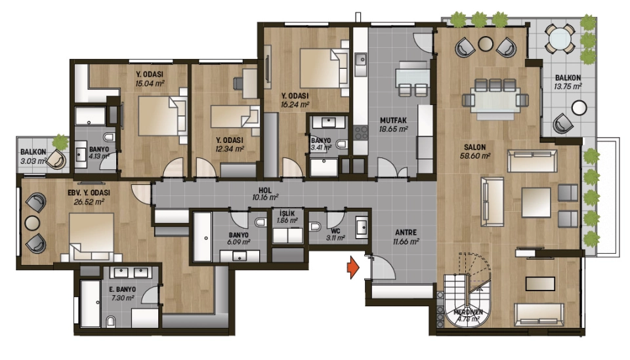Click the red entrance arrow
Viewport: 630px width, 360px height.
tap(353, 268)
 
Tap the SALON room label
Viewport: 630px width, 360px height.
tap(475, 148)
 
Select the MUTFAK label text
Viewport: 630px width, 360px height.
tap(393, 121)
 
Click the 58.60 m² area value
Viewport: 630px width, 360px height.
tap(475, 155)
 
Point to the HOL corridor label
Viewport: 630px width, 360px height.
tap(265, 190)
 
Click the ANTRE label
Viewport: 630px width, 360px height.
tap(406, 232)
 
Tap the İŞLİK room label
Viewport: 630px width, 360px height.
tap(287, 214)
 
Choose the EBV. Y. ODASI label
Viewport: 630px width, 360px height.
tap(89, 193)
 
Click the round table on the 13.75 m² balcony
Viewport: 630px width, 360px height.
tap(579, 108)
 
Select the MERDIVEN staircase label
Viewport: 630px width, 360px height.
tap(468, 312)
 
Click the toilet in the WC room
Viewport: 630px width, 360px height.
tap(316, 227)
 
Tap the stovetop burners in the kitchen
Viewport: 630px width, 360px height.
tap(361, 132)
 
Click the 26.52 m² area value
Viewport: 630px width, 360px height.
tap(89, 201)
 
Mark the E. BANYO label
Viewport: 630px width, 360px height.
tap(123, 289)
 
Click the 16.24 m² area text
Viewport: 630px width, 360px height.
tap(295, 105)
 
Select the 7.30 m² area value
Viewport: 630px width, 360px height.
tap(122, 298)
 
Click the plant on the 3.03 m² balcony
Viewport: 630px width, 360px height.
tap(60, 141)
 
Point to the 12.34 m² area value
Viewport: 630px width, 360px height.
tap(230, 149)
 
